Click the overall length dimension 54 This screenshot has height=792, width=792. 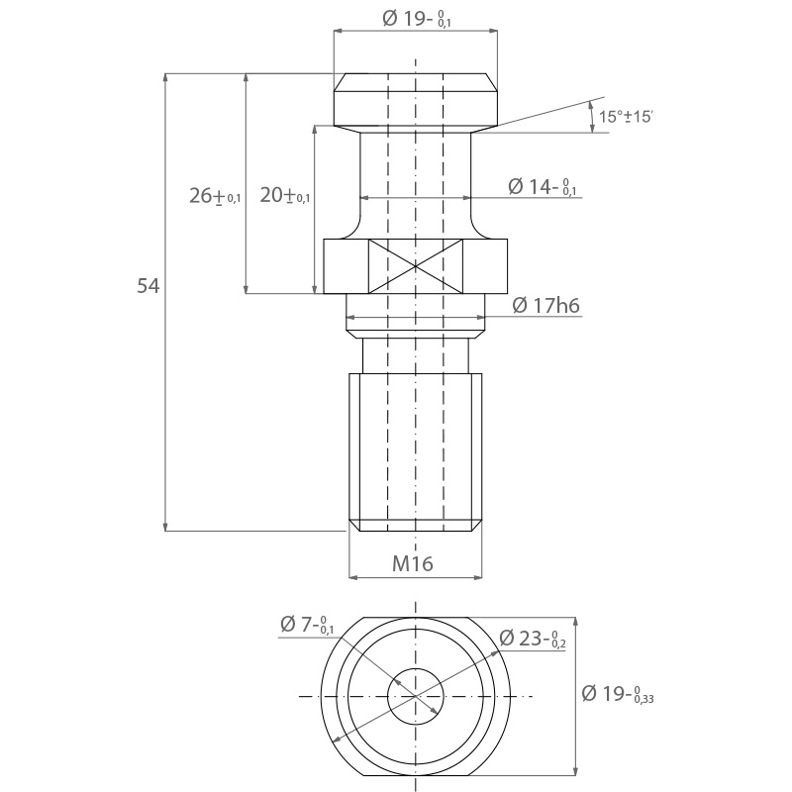148,286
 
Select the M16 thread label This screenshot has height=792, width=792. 413,563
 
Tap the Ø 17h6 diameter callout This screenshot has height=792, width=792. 546,305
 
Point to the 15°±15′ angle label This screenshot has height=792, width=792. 626,117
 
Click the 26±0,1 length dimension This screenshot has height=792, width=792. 215,195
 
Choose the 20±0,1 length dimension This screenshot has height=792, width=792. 284,195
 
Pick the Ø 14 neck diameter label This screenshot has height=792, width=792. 542,186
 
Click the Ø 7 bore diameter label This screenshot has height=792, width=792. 307,625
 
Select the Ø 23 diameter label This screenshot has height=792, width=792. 533,639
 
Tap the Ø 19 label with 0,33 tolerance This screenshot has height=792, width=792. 618,694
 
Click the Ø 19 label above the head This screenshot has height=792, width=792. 417,19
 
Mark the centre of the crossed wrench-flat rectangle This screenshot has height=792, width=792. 415,266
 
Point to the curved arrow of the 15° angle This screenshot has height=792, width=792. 592,117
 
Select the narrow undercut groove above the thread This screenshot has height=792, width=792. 415,355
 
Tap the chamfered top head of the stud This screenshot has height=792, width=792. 415,100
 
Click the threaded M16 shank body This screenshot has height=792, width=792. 415,452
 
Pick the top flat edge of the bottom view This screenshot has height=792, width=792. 415,617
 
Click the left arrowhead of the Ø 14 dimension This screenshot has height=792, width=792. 365,197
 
